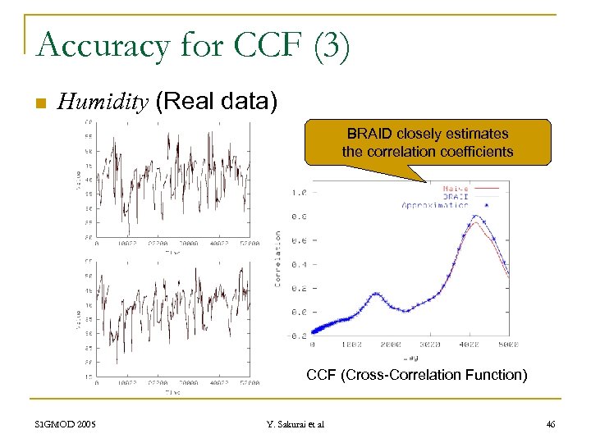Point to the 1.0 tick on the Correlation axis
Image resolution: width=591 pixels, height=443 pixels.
(298, 192)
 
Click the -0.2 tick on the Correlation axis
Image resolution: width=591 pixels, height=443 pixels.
(296, 336)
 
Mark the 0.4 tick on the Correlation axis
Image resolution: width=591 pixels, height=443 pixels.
(298, 264)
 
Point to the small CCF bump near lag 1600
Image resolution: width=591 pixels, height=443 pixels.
(375, 294)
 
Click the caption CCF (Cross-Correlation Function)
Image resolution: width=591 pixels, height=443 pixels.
(416, 376)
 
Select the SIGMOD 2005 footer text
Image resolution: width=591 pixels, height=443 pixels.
(66, 424)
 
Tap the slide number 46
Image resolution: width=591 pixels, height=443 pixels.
(550, 424)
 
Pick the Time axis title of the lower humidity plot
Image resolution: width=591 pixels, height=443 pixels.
(172, 392)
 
